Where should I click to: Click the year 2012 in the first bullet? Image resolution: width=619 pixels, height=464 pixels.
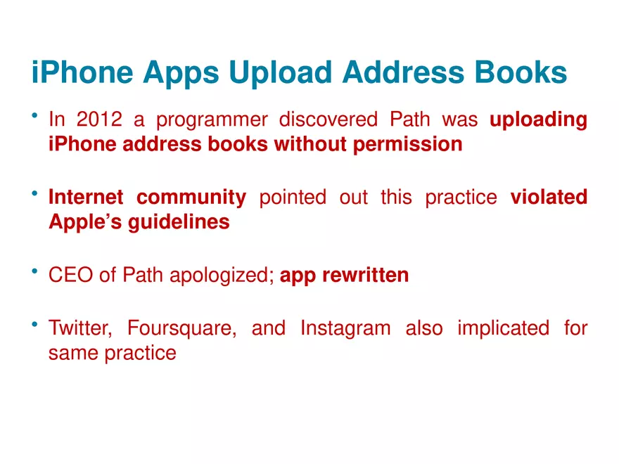click(99, 119)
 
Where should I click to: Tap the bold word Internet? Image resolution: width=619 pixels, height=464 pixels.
click(86, 197)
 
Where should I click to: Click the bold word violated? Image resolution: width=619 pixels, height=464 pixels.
click(549, 197)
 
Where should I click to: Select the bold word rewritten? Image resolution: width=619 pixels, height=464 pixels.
click(366, 275)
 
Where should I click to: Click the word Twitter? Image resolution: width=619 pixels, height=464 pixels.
click(80, 328)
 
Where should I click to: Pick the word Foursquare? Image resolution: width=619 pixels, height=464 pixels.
click(182, 329)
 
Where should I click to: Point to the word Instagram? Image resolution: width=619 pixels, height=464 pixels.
click(346, 329)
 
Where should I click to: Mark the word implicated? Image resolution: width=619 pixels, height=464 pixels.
click(504, 329)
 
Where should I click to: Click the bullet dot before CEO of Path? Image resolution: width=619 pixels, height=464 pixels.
click(34, 271)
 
